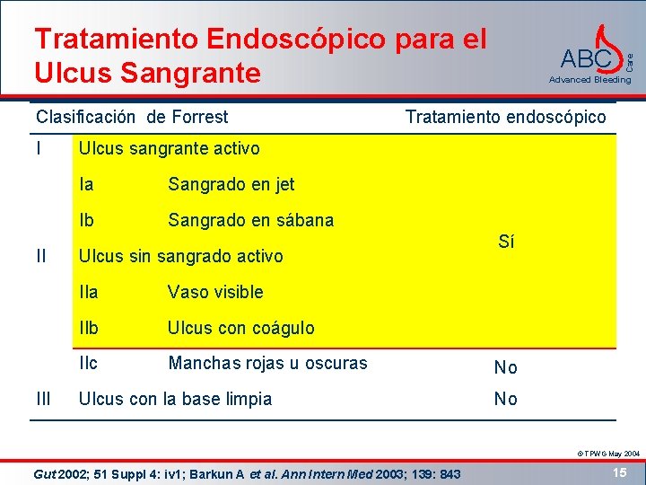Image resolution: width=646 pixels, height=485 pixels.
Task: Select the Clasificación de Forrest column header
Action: [132, 117]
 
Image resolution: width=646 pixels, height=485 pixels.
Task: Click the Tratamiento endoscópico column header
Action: [505, 117]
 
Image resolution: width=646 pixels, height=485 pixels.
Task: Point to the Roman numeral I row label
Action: [40, 148]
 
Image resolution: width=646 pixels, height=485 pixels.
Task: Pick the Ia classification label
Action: [87, 184]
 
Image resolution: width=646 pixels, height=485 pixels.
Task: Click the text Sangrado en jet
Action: [231, 184]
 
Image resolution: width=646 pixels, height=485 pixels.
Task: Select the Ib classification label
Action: [87, 220]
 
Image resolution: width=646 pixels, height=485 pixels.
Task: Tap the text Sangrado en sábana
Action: [250, 220]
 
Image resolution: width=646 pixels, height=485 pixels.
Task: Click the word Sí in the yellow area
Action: [506, 242]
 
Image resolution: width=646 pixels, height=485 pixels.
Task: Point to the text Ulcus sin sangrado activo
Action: [181, 256]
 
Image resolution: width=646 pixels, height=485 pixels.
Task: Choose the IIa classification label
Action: [89, 292]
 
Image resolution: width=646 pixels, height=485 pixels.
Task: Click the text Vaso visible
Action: [215, 292]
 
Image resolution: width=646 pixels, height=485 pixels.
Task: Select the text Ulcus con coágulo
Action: [240, 328]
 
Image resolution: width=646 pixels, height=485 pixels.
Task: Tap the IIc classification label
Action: [89, 363]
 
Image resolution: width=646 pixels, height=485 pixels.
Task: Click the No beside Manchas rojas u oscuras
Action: [506, 366]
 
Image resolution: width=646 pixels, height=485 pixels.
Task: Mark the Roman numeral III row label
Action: [43, 399]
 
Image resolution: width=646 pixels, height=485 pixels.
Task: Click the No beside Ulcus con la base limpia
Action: [506, 399]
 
